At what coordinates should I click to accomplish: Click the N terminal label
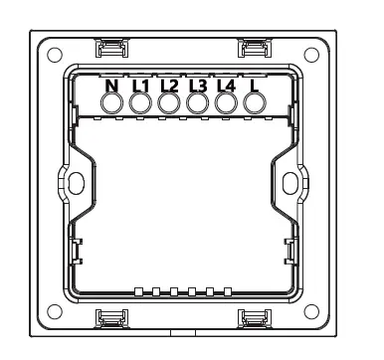click(x=112, y=86)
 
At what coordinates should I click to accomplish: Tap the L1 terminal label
click(x=139, y=86)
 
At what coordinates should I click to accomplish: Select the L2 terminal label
click(x=168, y=86)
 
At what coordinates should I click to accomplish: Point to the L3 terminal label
click(x=197, y=86)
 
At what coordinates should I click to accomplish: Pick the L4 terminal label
click(x=226, y=86)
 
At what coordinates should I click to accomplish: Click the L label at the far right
click(x=255, y=86)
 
